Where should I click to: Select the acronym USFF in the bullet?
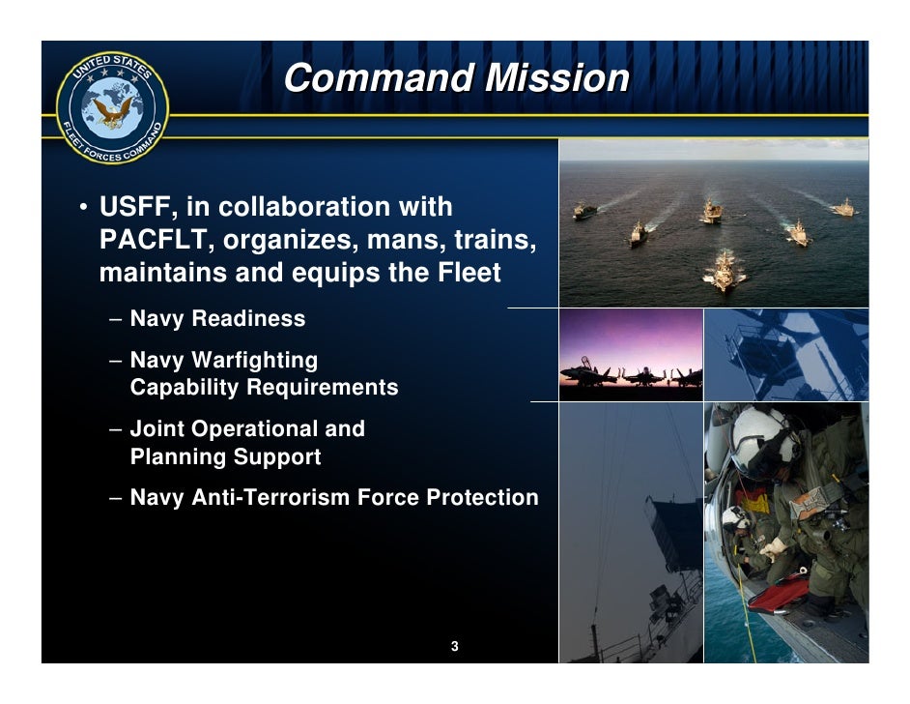point(134,208)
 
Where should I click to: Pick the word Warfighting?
point(254,361)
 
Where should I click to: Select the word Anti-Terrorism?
point(267,498)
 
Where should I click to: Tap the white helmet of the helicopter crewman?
point(758,438)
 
